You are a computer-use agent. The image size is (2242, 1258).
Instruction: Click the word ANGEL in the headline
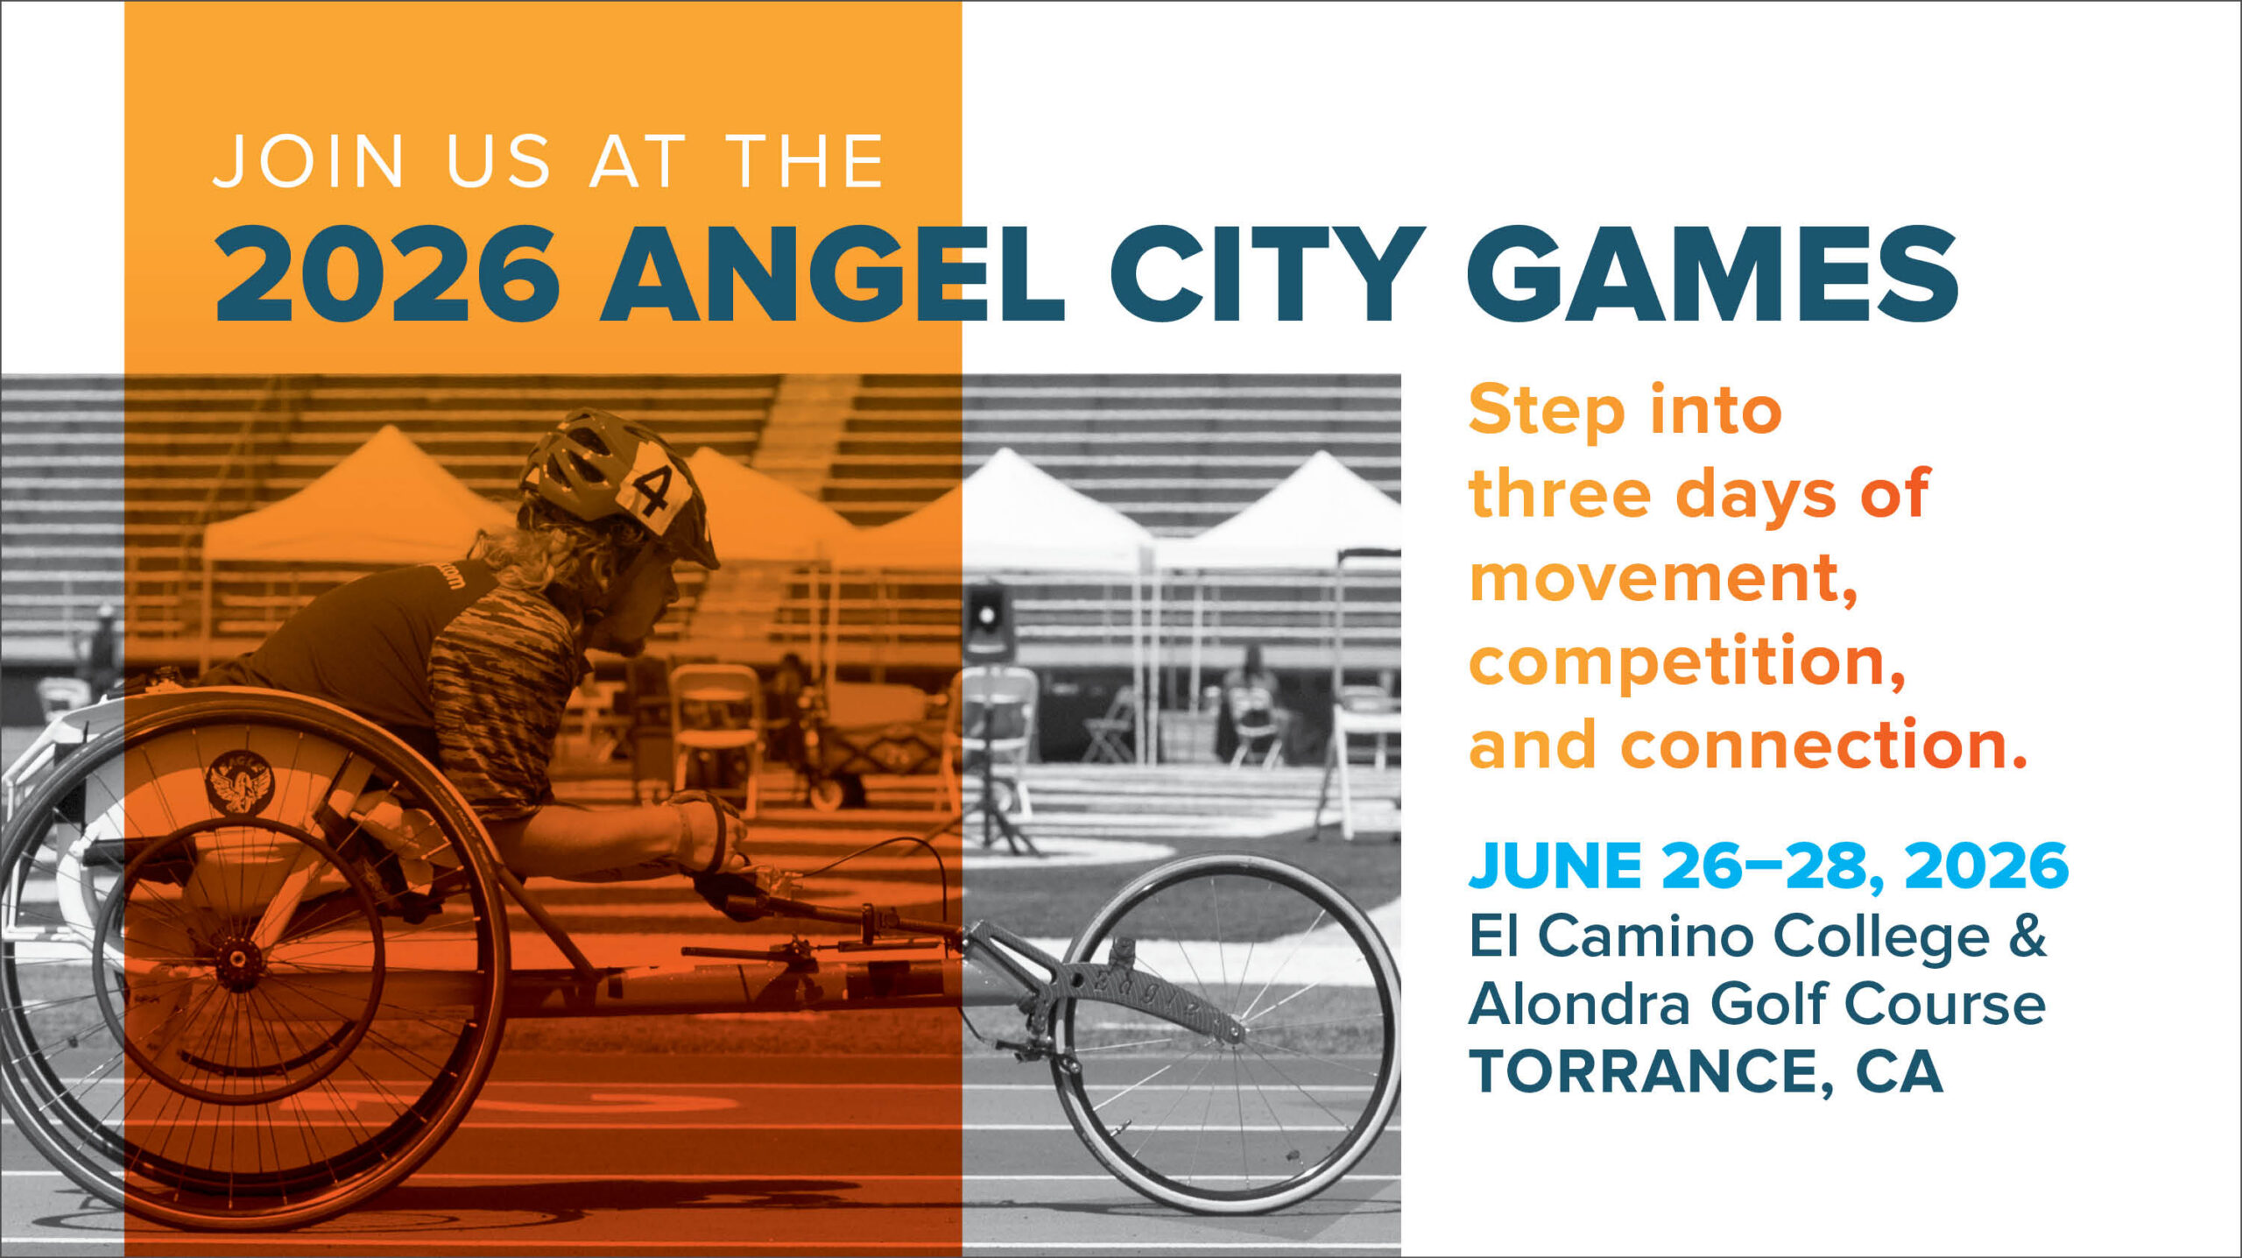(x=832, y=274)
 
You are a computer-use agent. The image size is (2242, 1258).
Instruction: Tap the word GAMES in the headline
(x=1713, y=274)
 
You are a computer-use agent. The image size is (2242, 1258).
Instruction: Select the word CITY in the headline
(x=1267, y=274)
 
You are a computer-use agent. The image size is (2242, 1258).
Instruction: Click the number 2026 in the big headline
(x=388, y=274)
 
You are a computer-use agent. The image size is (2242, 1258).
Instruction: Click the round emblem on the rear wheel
(x=240, y=782)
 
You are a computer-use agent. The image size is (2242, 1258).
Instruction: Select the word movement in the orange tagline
(x=1663, y=579)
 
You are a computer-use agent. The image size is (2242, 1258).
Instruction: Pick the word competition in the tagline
(x=1687, y=663)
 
